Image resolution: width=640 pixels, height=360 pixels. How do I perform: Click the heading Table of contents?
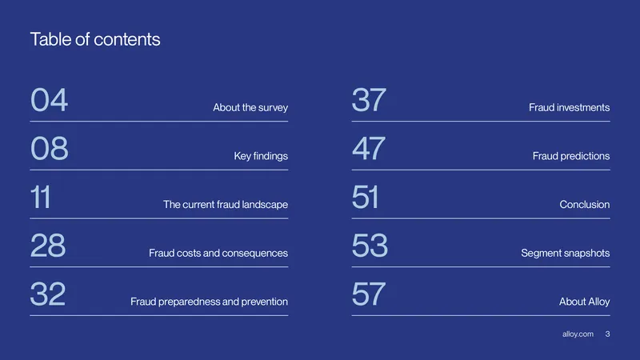pyautogui.click(x=95, y=39)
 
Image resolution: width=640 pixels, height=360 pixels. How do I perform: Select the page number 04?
pyautogui.click(x=49, y=99)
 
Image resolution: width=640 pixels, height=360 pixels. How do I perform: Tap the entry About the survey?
pyautogui.click(x=250, y=107)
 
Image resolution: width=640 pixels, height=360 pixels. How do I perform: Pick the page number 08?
pyautogui.click(x=50, y=148)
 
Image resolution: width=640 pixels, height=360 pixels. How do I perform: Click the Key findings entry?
pyautogui.click(x=261, y=156)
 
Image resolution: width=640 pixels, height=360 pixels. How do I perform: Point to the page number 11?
pyautogui.click(x=41, y=197)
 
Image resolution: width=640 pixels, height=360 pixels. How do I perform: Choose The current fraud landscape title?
pyautogui.click(x=226, y=204)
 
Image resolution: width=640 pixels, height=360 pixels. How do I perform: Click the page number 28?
pyautogui.click(x=48, y=246)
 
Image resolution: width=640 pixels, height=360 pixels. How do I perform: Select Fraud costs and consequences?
pyautogui.click(x=218, y=253)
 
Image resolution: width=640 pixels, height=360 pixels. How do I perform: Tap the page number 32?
pyautogui.click(x=48, y=294)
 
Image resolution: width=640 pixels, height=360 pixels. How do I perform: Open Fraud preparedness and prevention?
pyautogui.click(x=209, y=302)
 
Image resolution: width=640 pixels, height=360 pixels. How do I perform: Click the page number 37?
pyautogui.click(x=369, y=99)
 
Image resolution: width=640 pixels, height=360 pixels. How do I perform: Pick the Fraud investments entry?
pyautogui.click(x=570, y=107)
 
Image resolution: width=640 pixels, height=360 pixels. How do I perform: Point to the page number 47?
pyautogui.click(x=369, y=148)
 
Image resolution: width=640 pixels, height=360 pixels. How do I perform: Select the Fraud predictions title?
pyautogui.click(x=571, y=156)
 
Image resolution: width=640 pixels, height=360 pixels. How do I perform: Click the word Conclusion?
pyautogui.click(x=585, y=205)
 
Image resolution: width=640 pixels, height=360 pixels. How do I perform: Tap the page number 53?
pyautogui.click(x=370, y=246)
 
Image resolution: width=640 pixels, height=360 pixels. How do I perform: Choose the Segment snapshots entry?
pyautogui.click(x=566, y=253)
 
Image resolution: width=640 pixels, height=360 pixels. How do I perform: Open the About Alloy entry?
pyautogui.click(x=585, y=302)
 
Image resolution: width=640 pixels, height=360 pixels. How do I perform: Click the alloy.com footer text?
pyautogui.click(x=578, y=334)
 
